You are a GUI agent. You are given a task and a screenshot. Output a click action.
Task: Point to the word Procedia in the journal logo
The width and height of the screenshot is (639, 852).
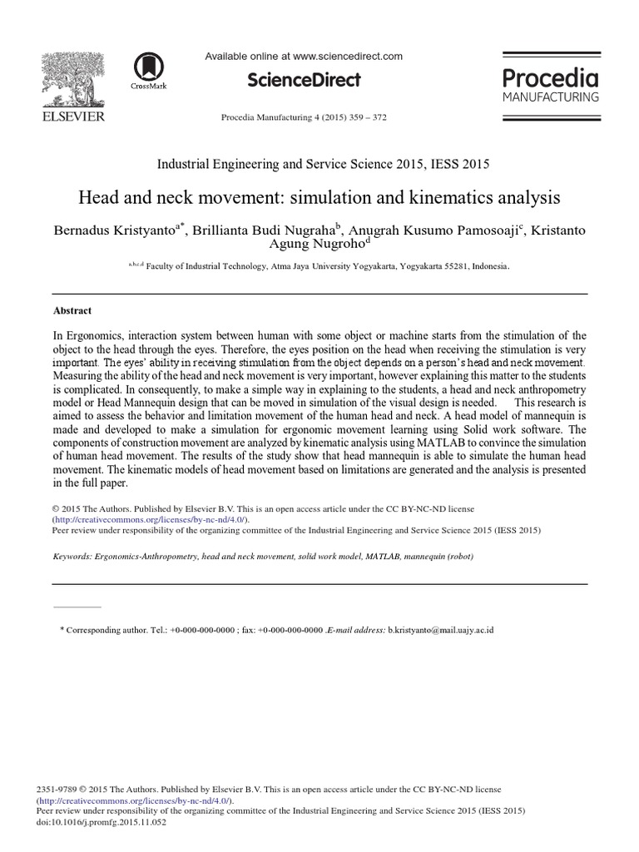click(x=550, y=78)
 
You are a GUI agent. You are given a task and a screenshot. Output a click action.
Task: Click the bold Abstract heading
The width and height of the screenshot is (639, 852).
click(x=72, y=310)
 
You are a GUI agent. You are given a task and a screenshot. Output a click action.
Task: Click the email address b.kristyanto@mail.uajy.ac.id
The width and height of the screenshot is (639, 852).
click(x=441, y=630)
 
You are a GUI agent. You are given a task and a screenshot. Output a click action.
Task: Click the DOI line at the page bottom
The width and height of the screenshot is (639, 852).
click(x=102, y=821)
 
